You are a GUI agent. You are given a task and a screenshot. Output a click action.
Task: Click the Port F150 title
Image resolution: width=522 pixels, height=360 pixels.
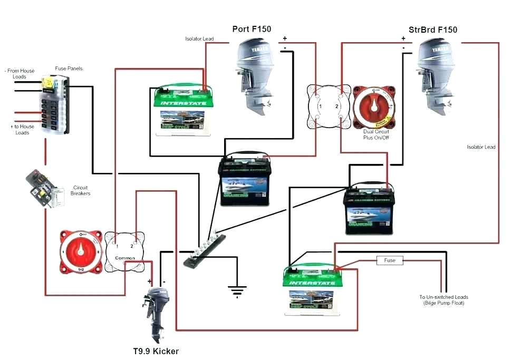(252, 29)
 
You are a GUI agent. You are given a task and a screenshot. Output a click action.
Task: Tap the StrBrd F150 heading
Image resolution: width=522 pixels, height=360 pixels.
(433, 30)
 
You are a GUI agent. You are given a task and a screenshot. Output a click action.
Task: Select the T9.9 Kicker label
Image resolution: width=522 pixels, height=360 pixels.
(156, 351)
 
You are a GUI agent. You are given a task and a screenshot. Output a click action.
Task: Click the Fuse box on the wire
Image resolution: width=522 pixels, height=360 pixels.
(390, 260)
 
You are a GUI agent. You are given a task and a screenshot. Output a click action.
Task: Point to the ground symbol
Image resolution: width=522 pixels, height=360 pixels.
(237, 289)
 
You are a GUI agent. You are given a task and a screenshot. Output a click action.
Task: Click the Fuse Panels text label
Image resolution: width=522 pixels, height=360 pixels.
(69, 69)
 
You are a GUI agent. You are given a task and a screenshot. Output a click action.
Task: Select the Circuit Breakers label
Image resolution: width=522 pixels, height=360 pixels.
(80, 190)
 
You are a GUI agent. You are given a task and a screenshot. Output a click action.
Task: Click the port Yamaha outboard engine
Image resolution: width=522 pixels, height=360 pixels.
(255, 74)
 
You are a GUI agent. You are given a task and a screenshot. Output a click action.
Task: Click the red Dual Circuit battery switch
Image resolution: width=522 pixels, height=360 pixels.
(374, 106)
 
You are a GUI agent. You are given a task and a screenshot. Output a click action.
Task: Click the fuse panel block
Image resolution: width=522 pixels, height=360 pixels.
(53, 104)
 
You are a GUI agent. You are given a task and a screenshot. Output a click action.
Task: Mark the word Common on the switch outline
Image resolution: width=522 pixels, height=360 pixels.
(124, 258)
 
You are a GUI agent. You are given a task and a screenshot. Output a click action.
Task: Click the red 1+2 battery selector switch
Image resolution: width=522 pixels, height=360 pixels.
(80, 252)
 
